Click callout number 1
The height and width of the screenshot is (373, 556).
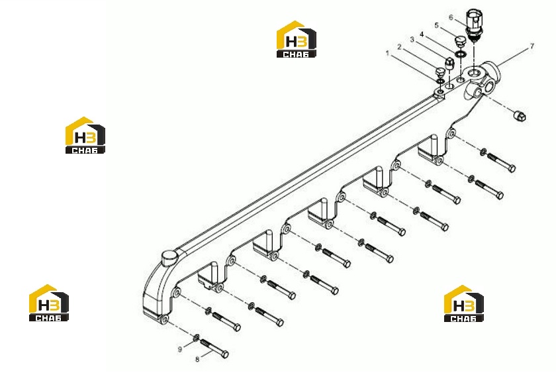(388, 54)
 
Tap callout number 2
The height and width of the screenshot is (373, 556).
(399, 47)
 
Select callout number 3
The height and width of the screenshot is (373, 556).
(412, 40)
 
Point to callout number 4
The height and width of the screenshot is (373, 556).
(422, 34)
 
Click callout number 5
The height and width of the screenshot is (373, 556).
(436, 26)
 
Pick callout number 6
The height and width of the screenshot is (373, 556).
(451, 17)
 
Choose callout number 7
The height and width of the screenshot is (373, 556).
(532, 46)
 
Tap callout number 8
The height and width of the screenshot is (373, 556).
(197, 360)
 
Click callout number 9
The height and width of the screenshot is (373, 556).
(180, 350)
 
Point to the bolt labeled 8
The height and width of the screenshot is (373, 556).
(214, 348)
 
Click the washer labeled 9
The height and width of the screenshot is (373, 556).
(195, 337)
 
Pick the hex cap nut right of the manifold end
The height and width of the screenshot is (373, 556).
(520, 116)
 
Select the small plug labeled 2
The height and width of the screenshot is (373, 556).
(440, 72)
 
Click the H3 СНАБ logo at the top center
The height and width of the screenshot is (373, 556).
(297, 39)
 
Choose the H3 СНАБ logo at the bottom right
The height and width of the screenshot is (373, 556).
(464, 303)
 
